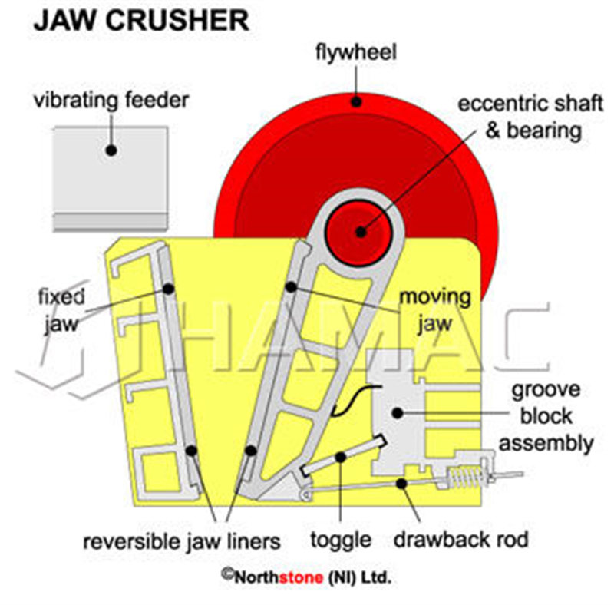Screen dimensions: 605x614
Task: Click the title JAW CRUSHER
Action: (142, 21)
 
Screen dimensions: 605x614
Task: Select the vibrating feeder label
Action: (111, 101)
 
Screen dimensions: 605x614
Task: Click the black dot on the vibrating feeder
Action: (111, 150)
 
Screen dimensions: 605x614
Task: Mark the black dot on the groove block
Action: (397, 413)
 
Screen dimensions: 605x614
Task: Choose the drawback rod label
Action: (460, 540)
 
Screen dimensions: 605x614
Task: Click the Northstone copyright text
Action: (306, 576)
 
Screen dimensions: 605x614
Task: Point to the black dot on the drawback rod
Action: (400, 483)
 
